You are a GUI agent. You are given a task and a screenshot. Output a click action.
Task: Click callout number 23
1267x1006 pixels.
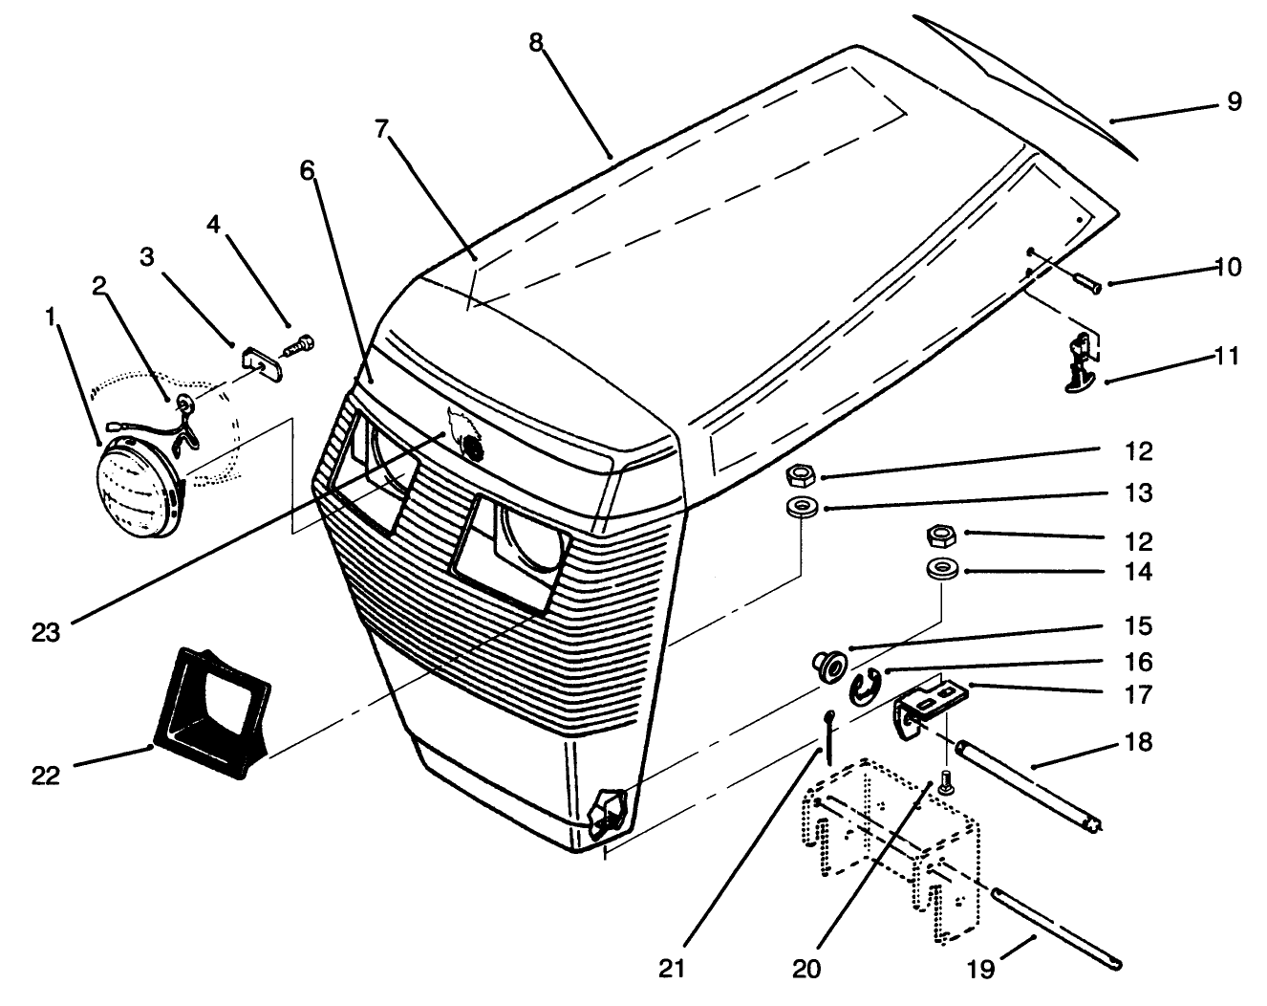pyautogui.click(x=45, y=632)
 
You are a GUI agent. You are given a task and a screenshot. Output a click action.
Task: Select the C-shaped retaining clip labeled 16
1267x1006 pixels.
pyautogui.click(x=865, y=688)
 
